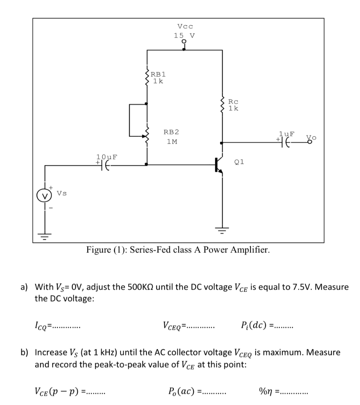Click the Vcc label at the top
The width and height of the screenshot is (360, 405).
[x=185, y=26]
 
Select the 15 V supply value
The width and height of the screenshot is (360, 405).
[x=184, y=35]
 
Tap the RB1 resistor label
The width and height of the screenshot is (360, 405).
[x=158, y=74]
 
